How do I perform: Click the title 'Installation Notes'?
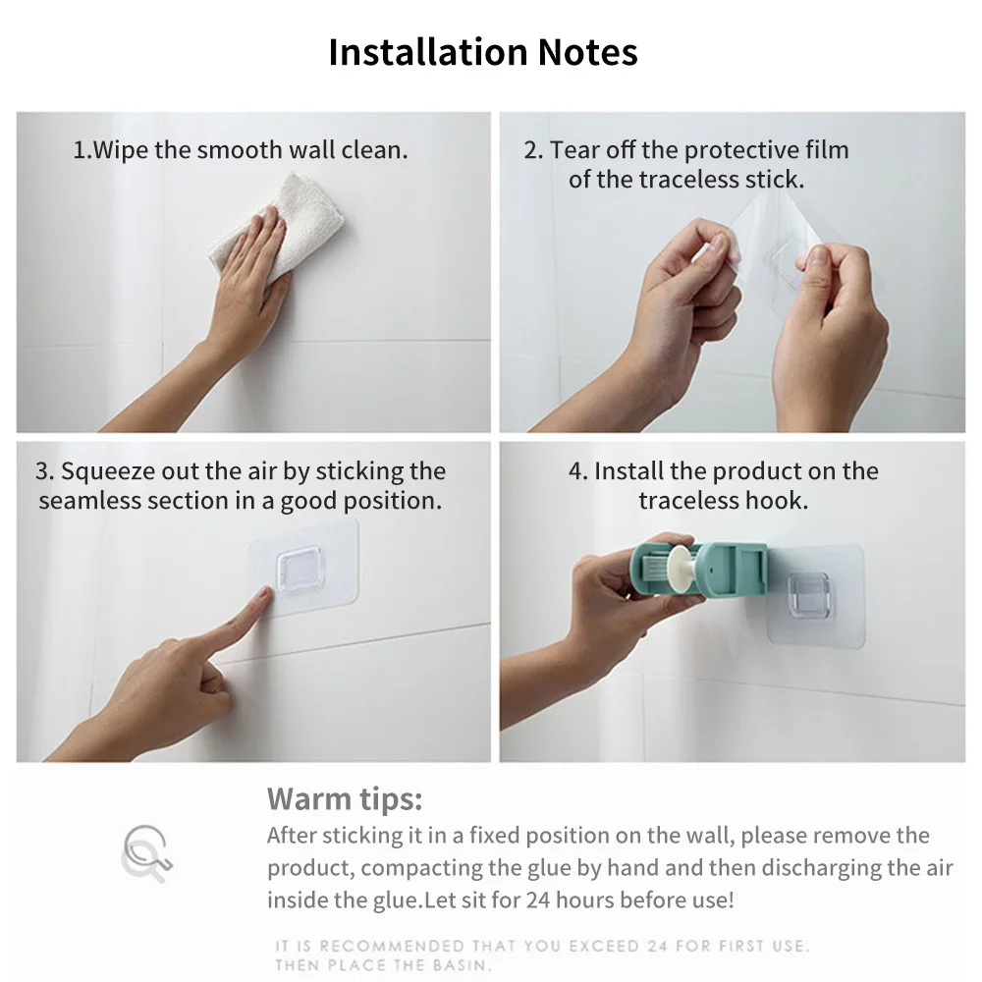coord(482,52)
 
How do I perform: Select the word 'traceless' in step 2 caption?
coord(687,180)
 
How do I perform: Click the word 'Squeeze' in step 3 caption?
coord(103,471)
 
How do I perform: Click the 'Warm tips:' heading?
coord(345,798)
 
